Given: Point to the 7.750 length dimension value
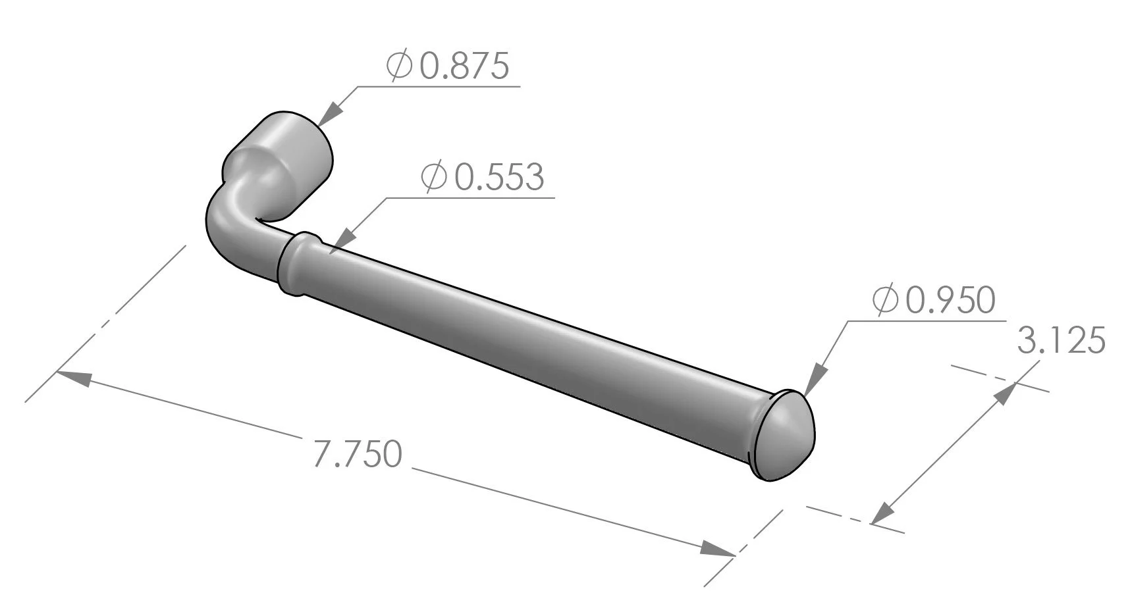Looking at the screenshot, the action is tap(356, 454).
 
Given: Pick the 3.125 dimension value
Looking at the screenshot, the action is tap(1061, 342).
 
